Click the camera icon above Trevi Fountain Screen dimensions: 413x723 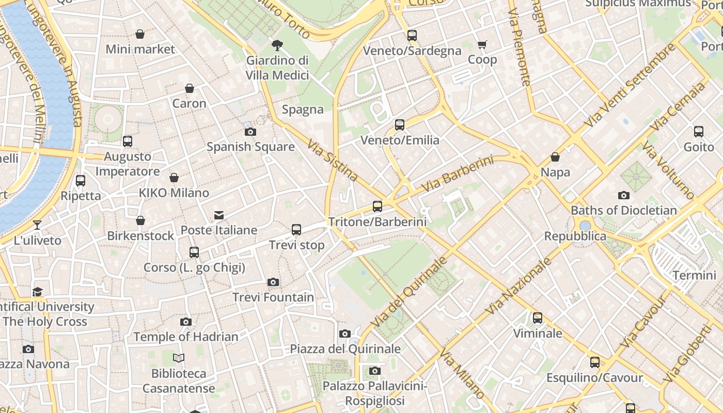pyautogui.click(x=273, y=282)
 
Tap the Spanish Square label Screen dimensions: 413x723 pyautogui.click(x=250, y=147)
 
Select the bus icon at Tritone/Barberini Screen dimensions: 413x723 pyautogui.click(x=378, y=206)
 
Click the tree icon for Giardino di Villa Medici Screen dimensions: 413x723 pyautogui.click(x=277, y=45)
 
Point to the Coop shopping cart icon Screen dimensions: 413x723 pyautogui.click(x=482, y=45)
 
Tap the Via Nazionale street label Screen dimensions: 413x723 pyautogui.click(x=519, y=285)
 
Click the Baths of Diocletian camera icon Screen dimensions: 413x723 pyautogui.click(x=624, y=195)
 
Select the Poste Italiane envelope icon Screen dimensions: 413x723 pyautogui.click(x=219, y=215)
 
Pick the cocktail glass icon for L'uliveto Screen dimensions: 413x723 pyautogui.click(x=37, y=225)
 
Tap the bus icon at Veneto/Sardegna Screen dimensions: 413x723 pyautogui.click(x=412, y=36)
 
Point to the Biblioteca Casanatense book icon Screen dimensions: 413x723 pyautogui.click(x=179, y=358)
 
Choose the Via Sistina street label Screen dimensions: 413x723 pyautogui.click(x=333, y=161)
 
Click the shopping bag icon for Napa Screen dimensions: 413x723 pyautogui.click(x=555, y=157)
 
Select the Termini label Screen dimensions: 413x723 pyautogui.click(x=694, y=275)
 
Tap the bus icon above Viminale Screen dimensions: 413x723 pyautogui.click(x=538, y=318)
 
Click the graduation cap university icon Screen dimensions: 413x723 pyautogui.click(x=37, y=292)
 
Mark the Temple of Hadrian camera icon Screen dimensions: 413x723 pyautogui.click(x=186, y=322)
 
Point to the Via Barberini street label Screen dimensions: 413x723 pyautogui.click(x=457, y=174)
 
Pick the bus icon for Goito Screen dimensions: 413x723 pyautogui.click(x=699, y=132)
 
